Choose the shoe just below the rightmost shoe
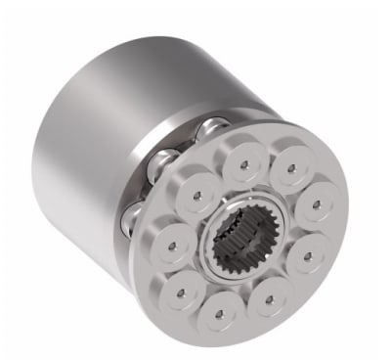coord(306,256)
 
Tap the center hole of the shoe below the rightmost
coord(306,256)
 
